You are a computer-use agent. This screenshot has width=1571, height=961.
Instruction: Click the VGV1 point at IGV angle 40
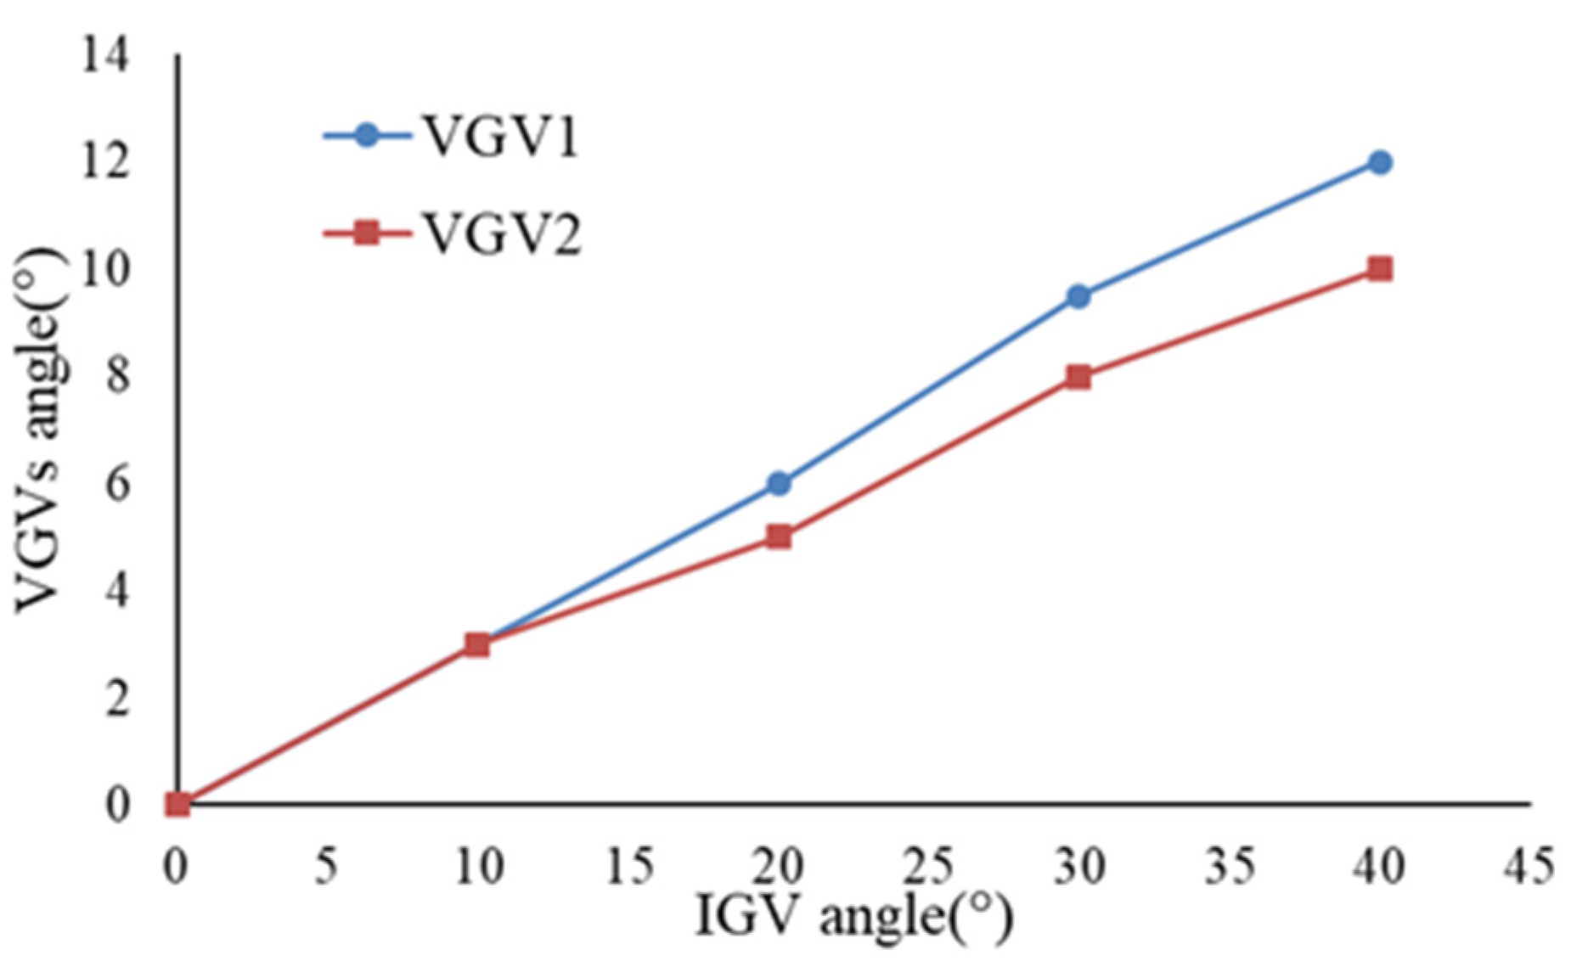[1380, 162]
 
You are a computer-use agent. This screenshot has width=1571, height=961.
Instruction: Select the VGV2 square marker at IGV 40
[1380, 269]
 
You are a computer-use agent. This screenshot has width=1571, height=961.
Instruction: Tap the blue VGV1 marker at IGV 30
[1078, 296]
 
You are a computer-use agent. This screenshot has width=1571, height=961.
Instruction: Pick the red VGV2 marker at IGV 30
[1078, 376]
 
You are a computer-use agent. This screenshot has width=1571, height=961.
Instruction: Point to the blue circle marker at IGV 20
[779, 483]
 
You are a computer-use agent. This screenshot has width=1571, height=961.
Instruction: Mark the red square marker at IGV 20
[779, 537]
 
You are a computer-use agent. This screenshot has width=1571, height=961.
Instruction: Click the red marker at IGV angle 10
[477, 644]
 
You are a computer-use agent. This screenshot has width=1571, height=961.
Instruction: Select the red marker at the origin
[177, 803]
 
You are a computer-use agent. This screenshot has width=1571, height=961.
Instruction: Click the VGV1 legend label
[501, 137]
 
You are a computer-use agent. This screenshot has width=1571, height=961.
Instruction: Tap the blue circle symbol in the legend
[366, 136]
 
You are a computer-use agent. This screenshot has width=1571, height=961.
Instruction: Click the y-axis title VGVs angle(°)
[40, 429]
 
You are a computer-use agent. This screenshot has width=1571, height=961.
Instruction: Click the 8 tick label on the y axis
[116, 377]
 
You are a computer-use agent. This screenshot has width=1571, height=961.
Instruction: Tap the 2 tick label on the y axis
[116, 698]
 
